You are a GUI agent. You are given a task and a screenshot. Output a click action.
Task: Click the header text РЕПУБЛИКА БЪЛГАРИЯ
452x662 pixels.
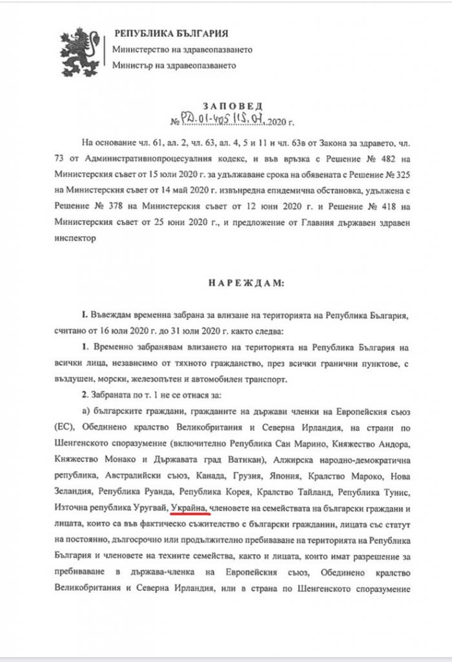(x=170, y=34)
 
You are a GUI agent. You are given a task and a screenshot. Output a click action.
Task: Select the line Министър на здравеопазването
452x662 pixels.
(x=174, y=65)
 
